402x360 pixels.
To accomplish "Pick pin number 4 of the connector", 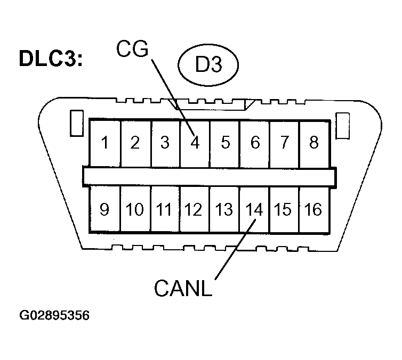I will point(195,143).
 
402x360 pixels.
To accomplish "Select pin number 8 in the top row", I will point(313,143).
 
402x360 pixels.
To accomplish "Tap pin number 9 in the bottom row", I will point(105,209).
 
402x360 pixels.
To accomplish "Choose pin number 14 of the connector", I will point(254,209).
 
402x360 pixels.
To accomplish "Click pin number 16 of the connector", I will point(313,209).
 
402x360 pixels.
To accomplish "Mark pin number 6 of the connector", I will point(254,143).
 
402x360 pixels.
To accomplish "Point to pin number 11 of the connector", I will point(165,209).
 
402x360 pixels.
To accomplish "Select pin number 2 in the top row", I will point(135,143).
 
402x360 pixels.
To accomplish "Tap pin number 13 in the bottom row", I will point(224,209).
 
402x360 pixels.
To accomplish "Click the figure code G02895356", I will point(54,315).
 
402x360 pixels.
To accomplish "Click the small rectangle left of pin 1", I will point(76,123).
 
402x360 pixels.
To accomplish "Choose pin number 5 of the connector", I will point(224,143).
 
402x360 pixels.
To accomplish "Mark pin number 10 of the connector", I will point(135,209).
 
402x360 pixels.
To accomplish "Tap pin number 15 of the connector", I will point(284,209).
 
